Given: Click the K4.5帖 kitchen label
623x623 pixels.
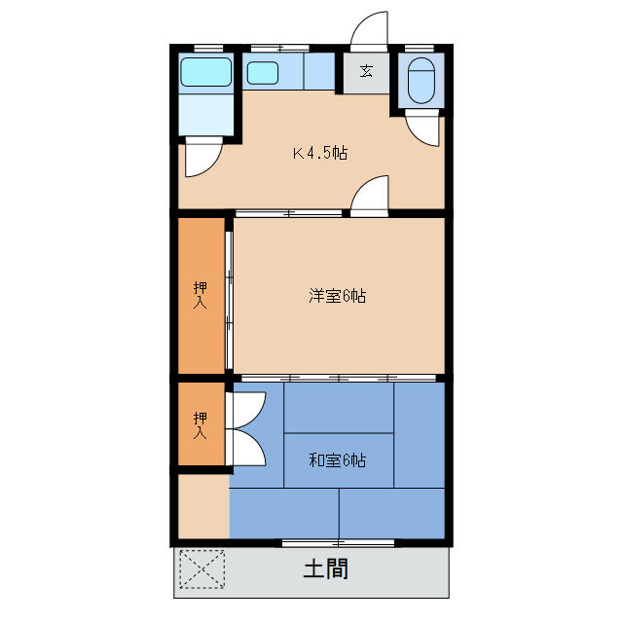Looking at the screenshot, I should click(321, 153).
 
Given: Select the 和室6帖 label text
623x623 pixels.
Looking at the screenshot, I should click(337, 460).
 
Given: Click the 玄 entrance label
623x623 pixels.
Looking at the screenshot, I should click(366, 71).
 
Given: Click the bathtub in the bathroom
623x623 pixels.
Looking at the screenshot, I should click(206, 72).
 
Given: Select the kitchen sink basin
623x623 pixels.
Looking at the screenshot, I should click(262, 73).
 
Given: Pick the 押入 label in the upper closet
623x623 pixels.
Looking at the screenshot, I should click(201, 294).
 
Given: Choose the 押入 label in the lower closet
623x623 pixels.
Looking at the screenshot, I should click(201, 425).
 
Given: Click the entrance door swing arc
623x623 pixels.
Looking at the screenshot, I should click(368, 29).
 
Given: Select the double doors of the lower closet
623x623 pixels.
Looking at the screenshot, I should click(247, 428).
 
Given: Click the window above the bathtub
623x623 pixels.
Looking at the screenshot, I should click(207, 48).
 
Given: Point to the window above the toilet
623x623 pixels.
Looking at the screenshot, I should click(421, 48).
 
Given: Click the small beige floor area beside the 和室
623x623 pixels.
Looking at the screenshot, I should click(202, 505).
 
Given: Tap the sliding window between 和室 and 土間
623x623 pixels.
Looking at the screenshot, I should click(338, 541).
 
